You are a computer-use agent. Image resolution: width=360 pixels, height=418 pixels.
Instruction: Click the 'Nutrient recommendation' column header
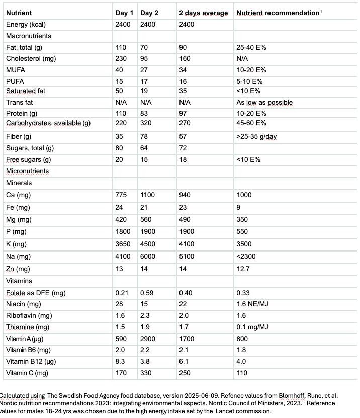[278, 13]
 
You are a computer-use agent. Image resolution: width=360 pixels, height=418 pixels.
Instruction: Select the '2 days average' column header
[203, 13]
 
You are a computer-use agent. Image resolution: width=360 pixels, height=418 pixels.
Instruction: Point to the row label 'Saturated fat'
[26, 91]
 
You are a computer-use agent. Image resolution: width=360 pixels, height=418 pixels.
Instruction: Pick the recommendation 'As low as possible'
[264, 102]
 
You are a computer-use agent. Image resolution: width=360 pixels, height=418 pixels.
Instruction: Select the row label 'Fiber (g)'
[19, 136]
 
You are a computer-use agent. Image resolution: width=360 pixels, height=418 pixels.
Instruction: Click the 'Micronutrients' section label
[27, 171]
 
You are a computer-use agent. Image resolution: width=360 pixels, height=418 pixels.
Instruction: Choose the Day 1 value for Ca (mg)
[121, 195]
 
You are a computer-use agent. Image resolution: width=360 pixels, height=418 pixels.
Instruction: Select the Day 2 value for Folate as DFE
[147, 293]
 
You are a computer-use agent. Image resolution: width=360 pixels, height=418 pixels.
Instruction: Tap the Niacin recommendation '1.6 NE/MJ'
[253, 304]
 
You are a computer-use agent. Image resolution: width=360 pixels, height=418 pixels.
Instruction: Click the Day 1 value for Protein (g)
[121, 113]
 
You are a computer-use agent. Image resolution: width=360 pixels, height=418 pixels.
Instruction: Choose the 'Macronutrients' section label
[28, 36]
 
